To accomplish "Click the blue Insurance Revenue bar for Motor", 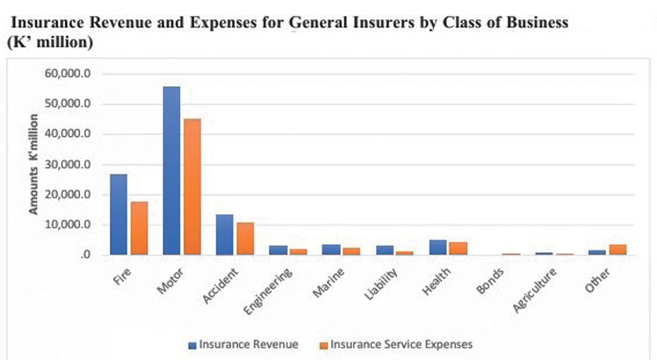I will [x=171, y=170].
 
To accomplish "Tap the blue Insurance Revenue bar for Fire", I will [x=119, y=214].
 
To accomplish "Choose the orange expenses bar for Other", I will [x=617, y=249].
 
